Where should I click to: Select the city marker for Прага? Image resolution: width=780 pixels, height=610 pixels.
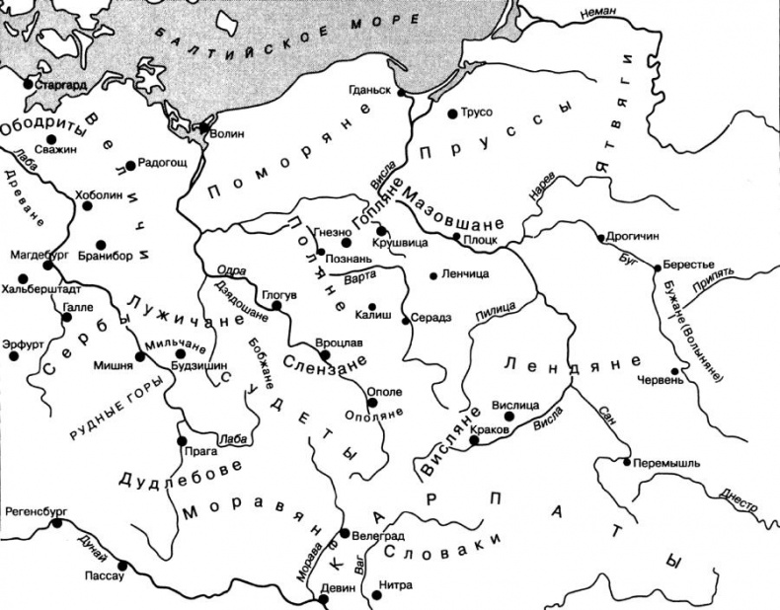(181, 440)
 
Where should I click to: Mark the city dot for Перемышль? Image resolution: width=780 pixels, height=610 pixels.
(627, 461)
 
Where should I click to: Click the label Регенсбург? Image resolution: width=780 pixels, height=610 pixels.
(35, 512)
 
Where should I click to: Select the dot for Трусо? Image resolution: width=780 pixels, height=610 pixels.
(452, 113)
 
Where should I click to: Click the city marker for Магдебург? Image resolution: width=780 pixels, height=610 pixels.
(46, 267)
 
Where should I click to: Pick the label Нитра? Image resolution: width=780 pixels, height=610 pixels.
(396, 583)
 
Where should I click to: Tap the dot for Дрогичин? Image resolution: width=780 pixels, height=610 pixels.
(600, 238)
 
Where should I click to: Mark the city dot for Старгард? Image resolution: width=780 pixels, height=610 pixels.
(27, 86)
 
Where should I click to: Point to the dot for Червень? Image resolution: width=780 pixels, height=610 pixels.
(675, 372)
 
